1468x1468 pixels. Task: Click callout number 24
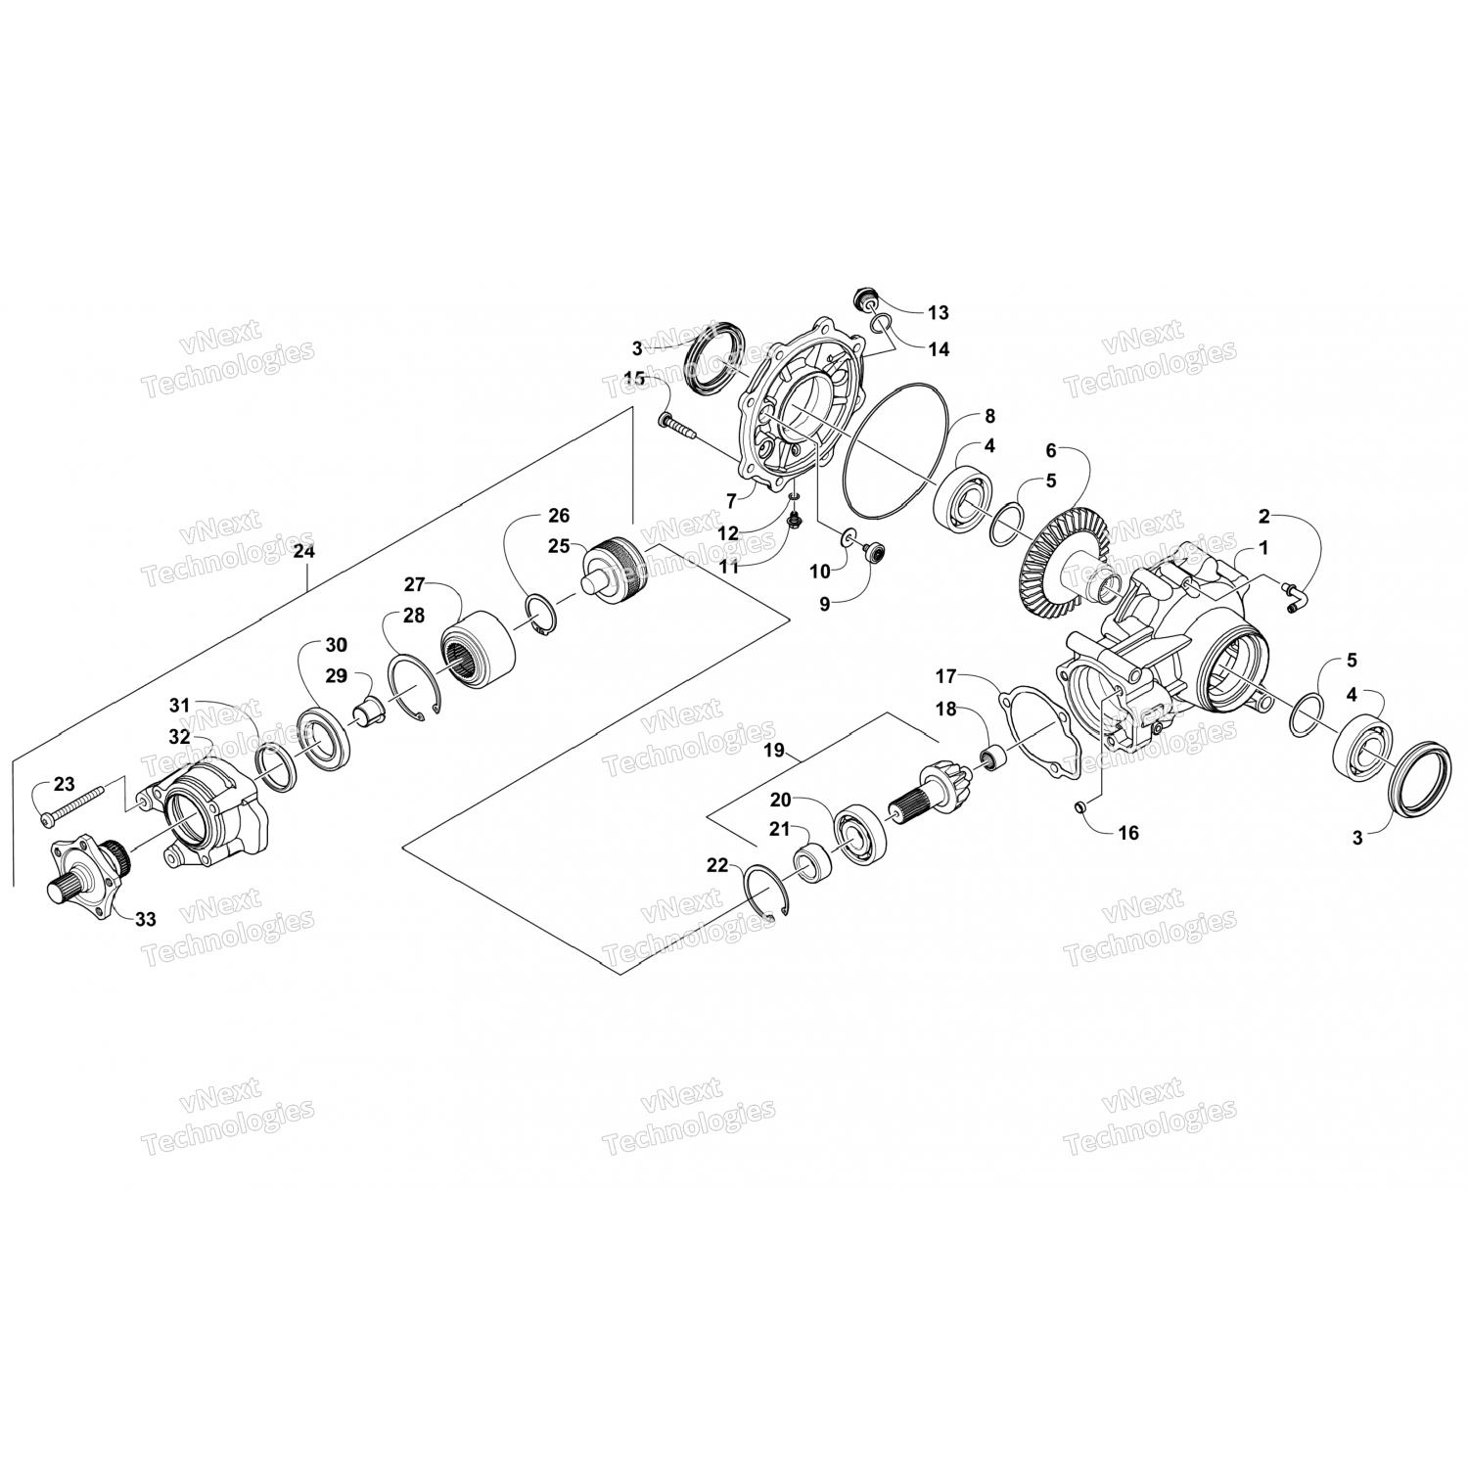304,552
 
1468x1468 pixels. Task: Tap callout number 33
146,919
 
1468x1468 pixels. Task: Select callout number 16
1128,833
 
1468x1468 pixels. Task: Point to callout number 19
774,752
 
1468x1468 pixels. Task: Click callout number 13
938,313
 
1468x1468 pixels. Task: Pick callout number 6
1051,451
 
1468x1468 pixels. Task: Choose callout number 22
717,865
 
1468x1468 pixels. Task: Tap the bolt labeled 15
676,426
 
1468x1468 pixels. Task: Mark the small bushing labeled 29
370,709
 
